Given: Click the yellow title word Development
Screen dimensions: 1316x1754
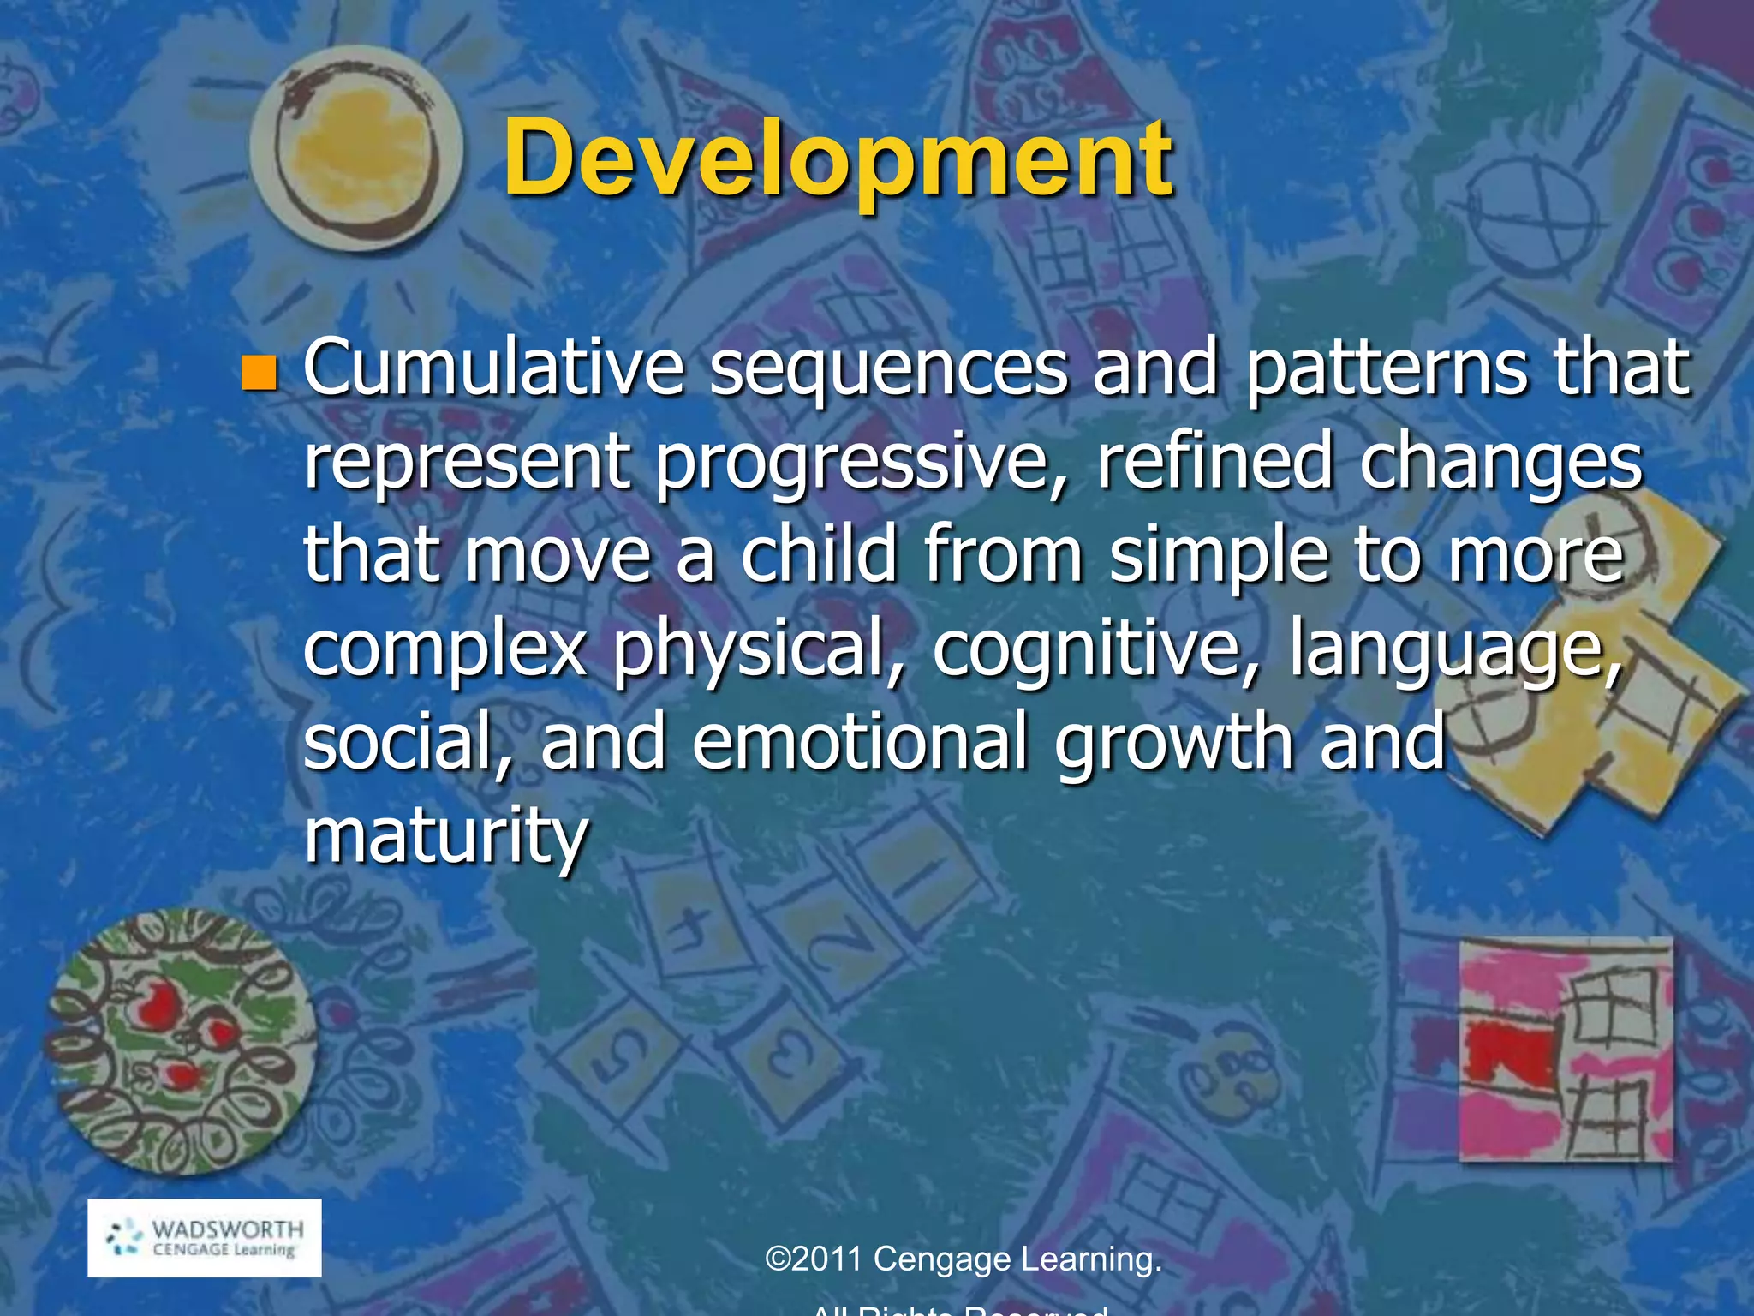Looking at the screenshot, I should (x=838, y=159).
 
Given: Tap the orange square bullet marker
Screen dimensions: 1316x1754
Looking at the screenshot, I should (x=260, y=373).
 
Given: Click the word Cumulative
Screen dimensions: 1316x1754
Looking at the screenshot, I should (x=493, y=368).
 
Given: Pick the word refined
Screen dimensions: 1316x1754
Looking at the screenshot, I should (x=1214, y=463).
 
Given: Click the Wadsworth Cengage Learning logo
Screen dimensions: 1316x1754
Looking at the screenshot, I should (x=205, y=1238).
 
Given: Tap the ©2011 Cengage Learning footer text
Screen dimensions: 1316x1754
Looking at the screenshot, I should (x=963, y=1259).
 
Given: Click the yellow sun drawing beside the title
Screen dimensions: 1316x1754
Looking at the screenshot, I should (x=355, y=150).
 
